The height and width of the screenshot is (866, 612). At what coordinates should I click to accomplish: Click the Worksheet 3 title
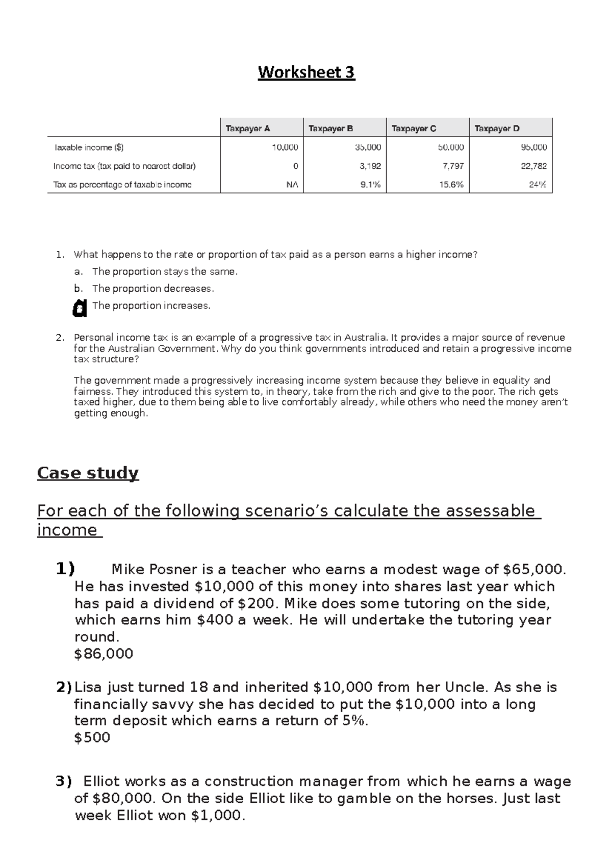point(306,72)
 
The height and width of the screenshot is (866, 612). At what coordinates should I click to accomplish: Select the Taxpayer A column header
point(248,129)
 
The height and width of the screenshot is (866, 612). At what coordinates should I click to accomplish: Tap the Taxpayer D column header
point(497,129)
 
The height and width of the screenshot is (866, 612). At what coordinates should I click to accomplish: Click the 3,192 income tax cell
point(370,166)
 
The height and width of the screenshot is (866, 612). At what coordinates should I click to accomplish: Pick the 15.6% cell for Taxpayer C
point(451,185)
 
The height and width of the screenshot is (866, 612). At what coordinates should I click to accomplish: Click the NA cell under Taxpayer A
point(292,185)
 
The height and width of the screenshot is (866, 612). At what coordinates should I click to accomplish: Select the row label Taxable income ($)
point(89,147)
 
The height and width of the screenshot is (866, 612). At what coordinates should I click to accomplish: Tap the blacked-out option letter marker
point(79,308)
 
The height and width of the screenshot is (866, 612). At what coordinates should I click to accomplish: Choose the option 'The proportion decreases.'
point(153,289)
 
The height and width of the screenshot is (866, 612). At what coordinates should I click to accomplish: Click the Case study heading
point(88,473)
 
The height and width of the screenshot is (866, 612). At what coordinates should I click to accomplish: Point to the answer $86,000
point(104,654)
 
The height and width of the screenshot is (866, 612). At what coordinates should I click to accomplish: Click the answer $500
point(92,737)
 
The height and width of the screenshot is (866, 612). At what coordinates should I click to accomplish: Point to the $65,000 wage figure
point(533,569)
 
